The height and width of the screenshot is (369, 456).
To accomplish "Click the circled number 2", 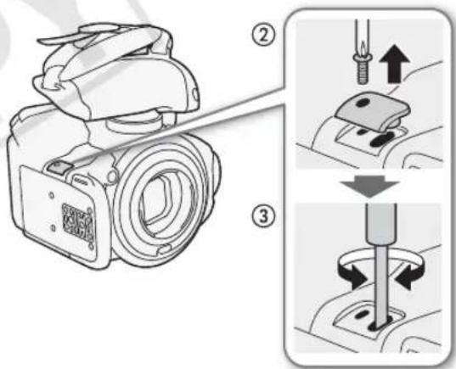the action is (263, 37).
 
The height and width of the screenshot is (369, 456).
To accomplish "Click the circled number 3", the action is (263, 216).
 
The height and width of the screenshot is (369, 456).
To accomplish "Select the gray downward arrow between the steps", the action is (370, 186).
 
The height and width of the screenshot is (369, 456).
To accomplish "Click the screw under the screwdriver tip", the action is (362, 69).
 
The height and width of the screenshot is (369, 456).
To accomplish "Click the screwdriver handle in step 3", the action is (381, 224).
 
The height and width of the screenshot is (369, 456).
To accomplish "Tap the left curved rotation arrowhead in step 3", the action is (352, 276).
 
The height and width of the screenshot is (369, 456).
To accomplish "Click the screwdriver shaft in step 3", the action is (382, 285).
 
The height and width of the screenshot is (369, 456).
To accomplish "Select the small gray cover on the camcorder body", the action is (58, 167).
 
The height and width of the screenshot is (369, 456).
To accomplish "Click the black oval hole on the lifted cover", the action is (363, 103).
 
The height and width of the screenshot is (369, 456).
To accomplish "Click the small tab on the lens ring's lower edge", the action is (166, 249).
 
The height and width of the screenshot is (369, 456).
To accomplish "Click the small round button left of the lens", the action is (112, 176).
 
